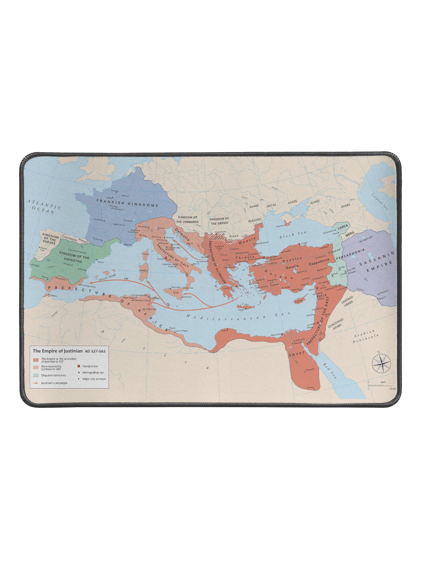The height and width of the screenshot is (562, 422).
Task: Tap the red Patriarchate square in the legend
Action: [79, 366]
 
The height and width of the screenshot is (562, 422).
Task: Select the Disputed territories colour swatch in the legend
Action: [36, 375]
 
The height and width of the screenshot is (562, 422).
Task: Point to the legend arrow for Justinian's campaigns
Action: [35, 383]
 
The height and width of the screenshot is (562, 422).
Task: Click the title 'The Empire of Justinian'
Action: [58, 351]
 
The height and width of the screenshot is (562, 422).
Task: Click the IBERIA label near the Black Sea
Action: [350, 234]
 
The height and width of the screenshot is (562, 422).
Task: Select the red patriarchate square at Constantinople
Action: [264, 258]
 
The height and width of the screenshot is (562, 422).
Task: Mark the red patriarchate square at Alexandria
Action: [282, 334]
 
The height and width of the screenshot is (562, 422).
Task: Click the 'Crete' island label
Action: [245, 304]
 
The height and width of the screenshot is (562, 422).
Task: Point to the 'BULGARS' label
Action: [255, 220]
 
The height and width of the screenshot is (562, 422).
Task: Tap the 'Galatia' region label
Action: [292, 266]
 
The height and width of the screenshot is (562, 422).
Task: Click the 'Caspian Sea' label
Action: [381, 202]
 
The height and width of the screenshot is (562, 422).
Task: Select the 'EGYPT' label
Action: [297, 354]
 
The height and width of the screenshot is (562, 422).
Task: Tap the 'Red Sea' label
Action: [330, 370]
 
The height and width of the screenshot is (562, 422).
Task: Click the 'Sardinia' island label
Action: [144, 270]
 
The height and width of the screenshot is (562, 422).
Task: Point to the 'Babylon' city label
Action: [382, 297]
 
